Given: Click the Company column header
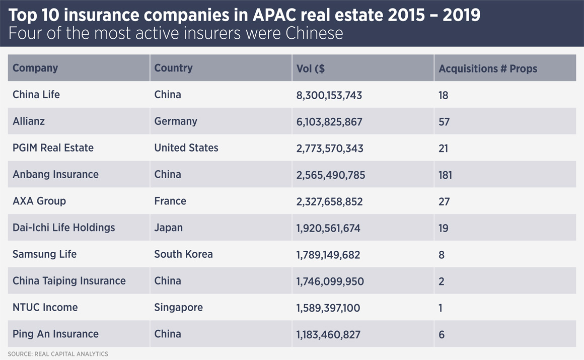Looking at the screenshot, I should point(35,68).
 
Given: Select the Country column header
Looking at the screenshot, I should point(173,68).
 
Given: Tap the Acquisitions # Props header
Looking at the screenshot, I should point(488,68).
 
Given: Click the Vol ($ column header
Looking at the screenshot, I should point(311,68).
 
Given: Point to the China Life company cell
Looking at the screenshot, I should point(36,95).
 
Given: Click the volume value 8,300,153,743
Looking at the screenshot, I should point(329,95).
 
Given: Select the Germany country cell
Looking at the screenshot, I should point(176,121).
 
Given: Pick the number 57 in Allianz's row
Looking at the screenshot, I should point(444,122).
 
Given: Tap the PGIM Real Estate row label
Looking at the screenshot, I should point(53,148).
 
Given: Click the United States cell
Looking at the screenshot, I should point(186,148).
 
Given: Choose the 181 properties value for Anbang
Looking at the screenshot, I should point(445,175).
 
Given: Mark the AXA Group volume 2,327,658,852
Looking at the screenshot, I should point(330,201).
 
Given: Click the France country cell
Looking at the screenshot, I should point(170,201).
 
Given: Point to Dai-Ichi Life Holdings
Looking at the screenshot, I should point(64,228).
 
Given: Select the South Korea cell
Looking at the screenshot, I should point(183,254).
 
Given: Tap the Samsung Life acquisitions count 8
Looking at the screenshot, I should point(442,255).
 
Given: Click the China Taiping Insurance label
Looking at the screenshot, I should point(69,281).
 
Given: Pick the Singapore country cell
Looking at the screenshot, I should point(178,308).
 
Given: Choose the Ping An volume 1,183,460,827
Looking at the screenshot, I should point(328,334).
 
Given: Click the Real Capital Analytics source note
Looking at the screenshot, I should point(58,354).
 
